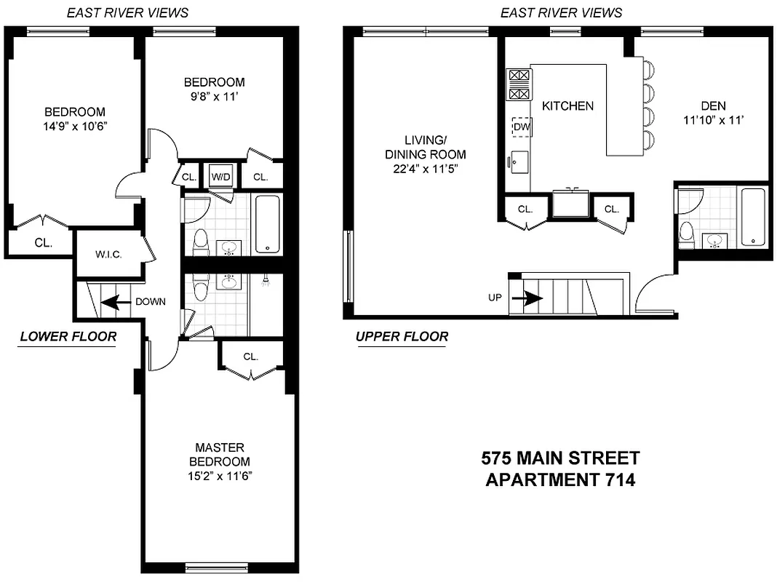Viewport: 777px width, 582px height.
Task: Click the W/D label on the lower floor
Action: click(x=220, y=177)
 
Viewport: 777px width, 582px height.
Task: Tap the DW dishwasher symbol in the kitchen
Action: click(x=521, y=127)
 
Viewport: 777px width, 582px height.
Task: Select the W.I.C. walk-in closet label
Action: click(x=108, y=255)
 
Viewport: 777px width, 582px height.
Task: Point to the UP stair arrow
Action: click(x=527, y=298)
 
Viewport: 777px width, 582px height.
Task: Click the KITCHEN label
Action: click(x=567, y=106)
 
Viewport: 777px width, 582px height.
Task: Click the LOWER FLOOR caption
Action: click(x=68, y=336)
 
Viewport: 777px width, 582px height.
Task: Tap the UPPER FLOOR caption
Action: click(x=402, y=336)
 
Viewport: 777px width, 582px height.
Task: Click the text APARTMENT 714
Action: click(x=560, y=480)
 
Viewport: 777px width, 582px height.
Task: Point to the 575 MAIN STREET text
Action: click(x=560, y=458)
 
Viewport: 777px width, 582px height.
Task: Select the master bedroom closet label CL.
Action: click(x=251, y=356)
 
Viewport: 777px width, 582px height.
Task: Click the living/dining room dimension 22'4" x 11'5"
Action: click(x=426, y=169)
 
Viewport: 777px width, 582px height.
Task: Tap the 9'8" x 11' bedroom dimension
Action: click(x=214, y=96)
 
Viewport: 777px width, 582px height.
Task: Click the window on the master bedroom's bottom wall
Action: click(x=216, y=567)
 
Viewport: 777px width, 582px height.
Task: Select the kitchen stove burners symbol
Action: click(x=519, y=84)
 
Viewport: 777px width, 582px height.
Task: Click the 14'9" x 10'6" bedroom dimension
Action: click(x=75, y=126)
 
